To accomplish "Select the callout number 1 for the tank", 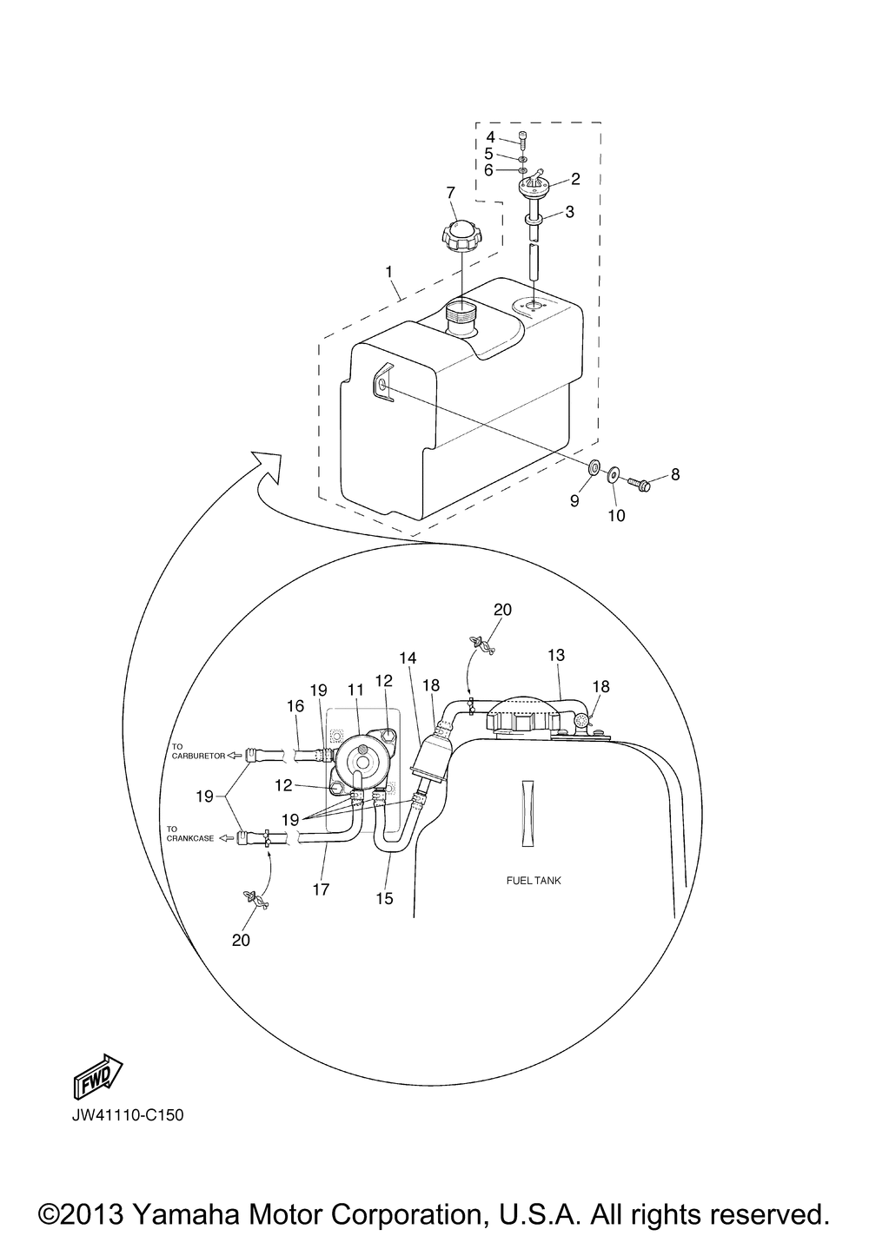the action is (x=388, y=272).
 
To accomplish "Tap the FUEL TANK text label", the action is (x=534, y=881).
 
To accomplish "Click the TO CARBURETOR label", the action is (x=198, y=751).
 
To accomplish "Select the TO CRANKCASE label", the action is (x=189, y=834).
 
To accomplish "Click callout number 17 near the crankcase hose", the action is (x=321, y=889).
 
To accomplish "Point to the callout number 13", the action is (x=556, y=655).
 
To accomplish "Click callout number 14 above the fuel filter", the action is (x=408, y=658).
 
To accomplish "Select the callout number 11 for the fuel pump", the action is (x=356, y=690).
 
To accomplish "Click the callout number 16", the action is (x=296, y=706).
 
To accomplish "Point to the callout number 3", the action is (x=570, y=212).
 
